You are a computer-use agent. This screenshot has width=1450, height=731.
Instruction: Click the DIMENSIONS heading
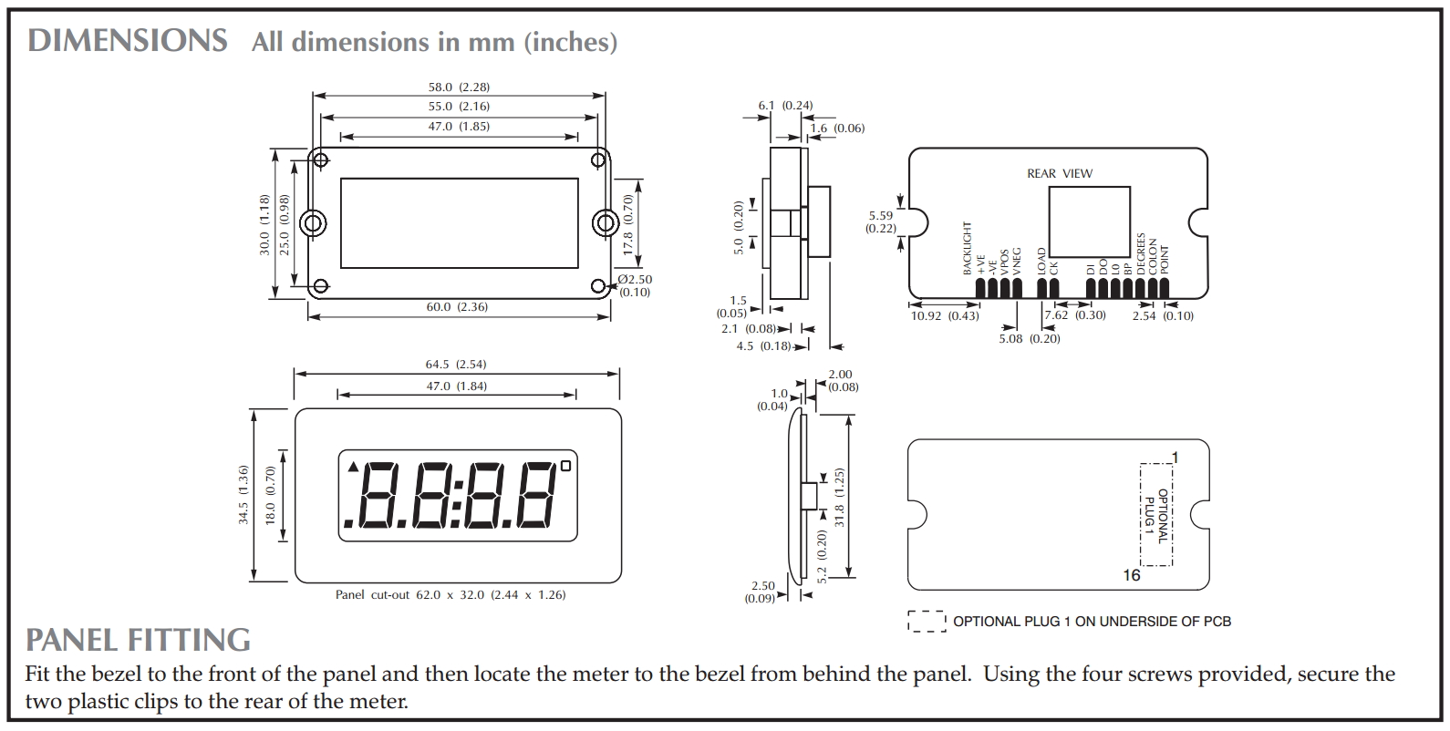128,41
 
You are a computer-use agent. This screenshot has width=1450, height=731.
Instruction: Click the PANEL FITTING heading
138,640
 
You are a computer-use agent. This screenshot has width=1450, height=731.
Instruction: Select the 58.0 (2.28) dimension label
459,88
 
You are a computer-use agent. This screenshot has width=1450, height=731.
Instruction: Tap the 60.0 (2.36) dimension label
457,307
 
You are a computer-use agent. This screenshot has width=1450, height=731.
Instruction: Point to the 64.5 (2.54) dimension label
457,365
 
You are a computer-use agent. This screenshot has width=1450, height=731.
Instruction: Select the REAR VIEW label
1059,173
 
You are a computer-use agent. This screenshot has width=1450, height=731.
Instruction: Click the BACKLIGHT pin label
968,248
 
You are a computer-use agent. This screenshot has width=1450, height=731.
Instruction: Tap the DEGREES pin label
1140,254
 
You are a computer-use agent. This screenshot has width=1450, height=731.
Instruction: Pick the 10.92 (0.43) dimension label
945,316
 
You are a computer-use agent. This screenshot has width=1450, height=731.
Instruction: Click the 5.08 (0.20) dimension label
1030,339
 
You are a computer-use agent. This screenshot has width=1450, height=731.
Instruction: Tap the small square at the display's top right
565,467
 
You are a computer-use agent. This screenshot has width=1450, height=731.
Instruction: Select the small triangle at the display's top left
353,468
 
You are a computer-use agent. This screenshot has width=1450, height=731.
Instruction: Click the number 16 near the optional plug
1131,576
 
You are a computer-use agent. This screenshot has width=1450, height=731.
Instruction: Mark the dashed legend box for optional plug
927,622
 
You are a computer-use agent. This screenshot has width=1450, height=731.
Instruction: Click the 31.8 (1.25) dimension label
840,497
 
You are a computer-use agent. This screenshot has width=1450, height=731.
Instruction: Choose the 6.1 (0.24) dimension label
785,106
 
